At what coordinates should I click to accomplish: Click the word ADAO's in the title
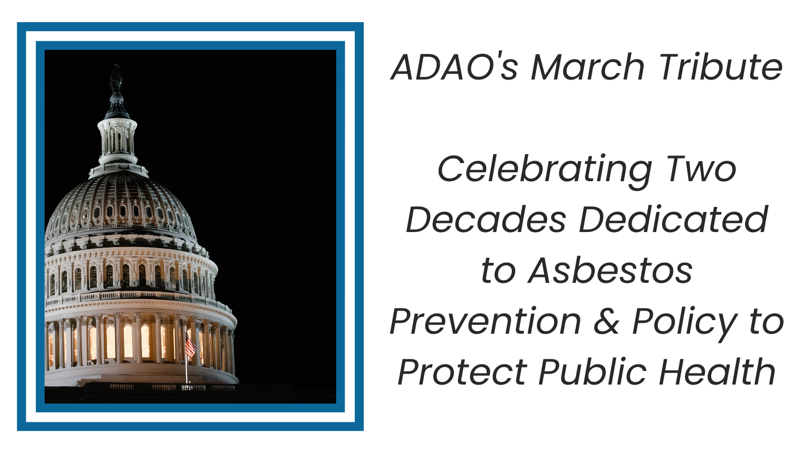coord(454,67)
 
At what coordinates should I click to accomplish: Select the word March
coord(587,67)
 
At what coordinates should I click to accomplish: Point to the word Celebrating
coord(545,171)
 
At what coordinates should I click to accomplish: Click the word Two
coord(701,169)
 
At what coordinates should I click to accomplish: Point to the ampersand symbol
coord(607,321)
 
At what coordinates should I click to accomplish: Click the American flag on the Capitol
coord(191,345)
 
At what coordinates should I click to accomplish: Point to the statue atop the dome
coord(116,79)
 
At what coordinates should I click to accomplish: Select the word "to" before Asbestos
coord(498,271)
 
